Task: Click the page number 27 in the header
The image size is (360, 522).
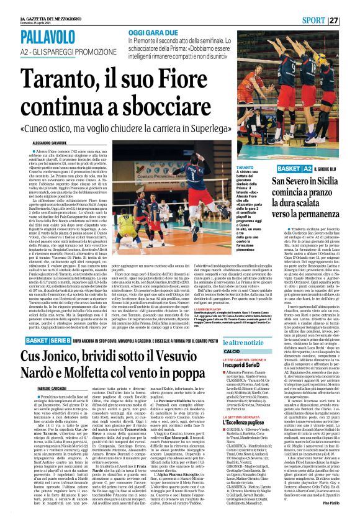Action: coord(351,20)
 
